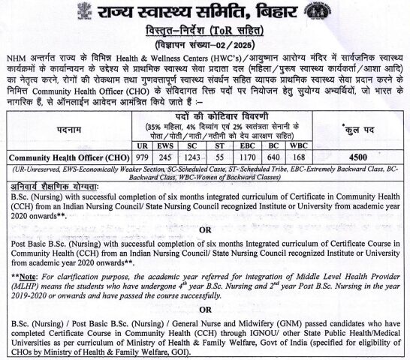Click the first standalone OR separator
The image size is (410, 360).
(205, 231)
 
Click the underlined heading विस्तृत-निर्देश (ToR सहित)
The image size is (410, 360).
(205, 30)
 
